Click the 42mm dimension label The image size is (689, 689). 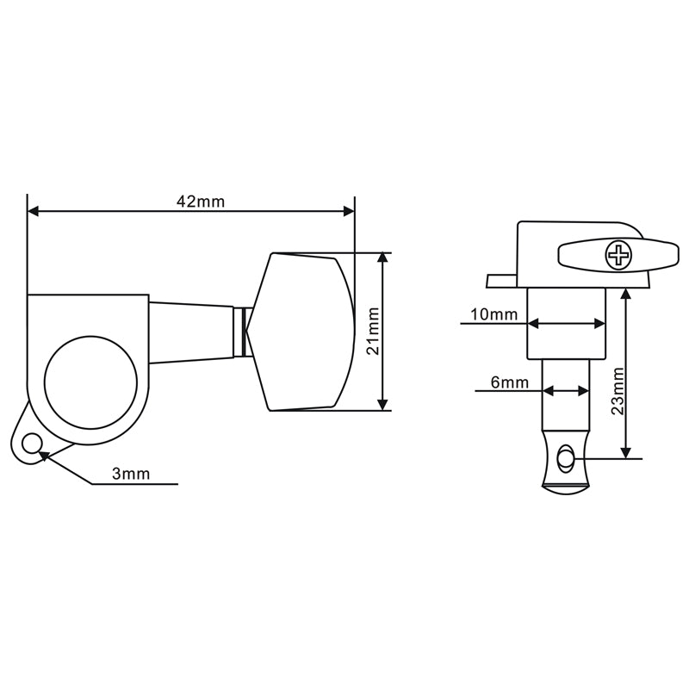[x=200, y=201]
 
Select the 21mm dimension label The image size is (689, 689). [x=371, y=332]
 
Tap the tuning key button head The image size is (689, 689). [x=301, y=332]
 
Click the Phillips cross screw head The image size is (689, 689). [x=618, y=254]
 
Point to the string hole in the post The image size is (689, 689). [x=565, y=458]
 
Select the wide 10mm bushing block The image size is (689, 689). [x=566, y=323]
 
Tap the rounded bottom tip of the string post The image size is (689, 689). [x=565, y=488]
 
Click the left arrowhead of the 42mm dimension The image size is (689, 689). [x=34, y=210]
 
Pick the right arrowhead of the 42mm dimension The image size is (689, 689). [x=349, y=210]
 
